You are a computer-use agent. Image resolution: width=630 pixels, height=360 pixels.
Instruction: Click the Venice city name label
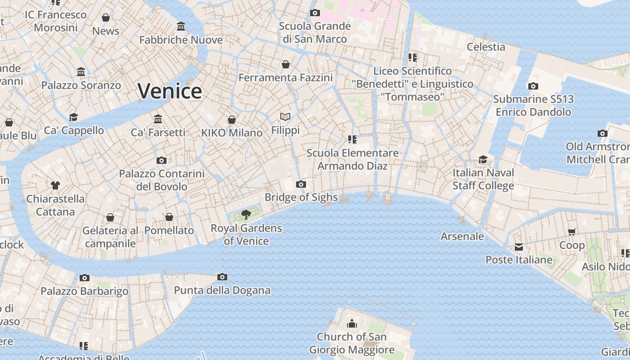tap(170, 91)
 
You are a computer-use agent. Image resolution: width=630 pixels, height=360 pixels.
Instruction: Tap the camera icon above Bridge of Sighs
tap(301, 184)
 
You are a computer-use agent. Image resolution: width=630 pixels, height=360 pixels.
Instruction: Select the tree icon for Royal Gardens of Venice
tap(246, 215)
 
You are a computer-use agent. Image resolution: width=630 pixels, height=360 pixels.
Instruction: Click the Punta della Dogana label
tap(222, 290)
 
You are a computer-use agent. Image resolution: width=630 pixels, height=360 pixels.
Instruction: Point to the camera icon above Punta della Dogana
tap(222, 277)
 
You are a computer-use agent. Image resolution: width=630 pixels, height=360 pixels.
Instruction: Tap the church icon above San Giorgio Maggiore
tap(351, 324)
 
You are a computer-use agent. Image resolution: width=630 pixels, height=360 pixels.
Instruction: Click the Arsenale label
tap(462, 236)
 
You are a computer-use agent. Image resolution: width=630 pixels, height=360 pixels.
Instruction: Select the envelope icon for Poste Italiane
tap(519, 247)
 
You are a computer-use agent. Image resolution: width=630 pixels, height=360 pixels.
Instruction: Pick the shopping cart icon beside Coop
tap(571, 232)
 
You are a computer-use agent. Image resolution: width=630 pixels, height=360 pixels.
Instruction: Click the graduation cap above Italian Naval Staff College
tap(483, 159)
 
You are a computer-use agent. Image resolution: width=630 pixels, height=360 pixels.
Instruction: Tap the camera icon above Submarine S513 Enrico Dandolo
tap(533, 86)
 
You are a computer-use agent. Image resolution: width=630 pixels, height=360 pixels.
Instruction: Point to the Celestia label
tap(486, 47)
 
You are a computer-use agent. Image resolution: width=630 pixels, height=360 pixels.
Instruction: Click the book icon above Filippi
tap(285, 117)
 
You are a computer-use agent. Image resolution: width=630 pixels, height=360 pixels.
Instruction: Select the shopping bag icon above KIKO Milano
tap(232, 120)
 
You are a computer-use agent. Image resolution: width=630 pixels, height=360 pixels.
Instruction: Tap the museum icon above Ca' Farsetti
tap(158, 119)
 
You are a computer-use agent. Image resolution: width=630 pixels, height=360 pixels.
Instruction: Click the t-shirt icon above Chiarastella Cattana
tap(55, 185)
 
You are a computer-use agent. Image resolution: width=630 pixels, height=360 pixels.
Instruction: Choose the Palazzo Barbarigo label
tap(85, 291)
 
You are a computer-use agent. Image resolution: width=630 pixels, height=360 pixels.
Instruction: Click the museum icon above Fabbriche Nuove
tap(181, 27)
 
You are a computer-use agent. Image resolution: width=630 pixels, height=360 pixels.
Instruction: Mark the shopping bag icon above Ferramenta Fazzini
tap(286, 64)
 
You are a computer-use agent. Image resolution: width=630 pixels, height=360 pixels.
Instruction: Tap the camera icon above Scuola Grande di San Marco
tap(315, 13)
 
